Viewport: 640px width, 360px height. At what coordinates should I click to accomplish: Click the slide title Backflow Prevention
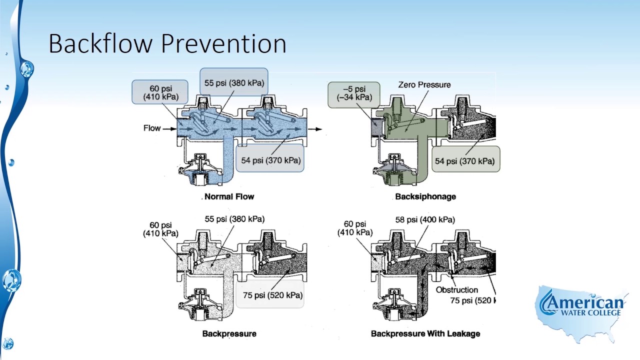point(167,43)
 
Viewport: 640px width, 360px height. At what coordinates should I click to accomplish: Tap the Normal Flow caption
point(229,196)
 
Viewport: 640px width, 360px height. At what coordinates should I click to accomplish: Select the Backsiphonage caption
point(425,196)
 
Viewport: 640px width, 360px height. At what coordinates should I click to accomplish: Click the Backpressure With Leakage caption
point(425,333)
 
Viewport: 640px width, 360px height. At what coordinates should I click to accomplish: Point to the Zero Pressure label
point(424,85)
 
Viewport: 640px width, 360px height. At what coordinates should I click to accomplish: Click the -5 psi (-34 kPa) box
point(354,94)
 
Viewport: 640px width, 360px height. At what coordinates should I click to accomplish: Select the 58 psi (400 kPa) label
point(424,219)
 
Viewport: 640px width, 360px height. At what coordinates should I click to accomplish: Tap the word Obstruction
point(456,290)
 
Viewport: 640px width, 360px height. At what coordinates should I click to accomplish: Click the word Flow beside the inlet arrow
point(152,128)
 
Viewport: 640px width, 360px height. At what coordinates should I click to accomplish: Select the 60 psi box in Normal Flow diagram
point(160,92)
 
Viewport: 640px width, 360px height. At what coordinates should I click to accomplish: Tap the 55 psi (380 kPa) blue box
point(234,82)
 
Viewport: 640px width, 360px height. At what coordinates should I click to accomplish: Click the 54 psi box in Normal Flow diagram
point(270,159)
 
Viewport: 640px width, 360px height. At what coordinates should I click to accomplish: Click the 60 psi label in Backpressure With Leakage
point(354,228)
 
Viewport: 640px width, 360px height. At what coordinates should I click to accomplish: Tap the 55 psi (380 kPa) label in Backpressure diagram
point(234,219)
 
